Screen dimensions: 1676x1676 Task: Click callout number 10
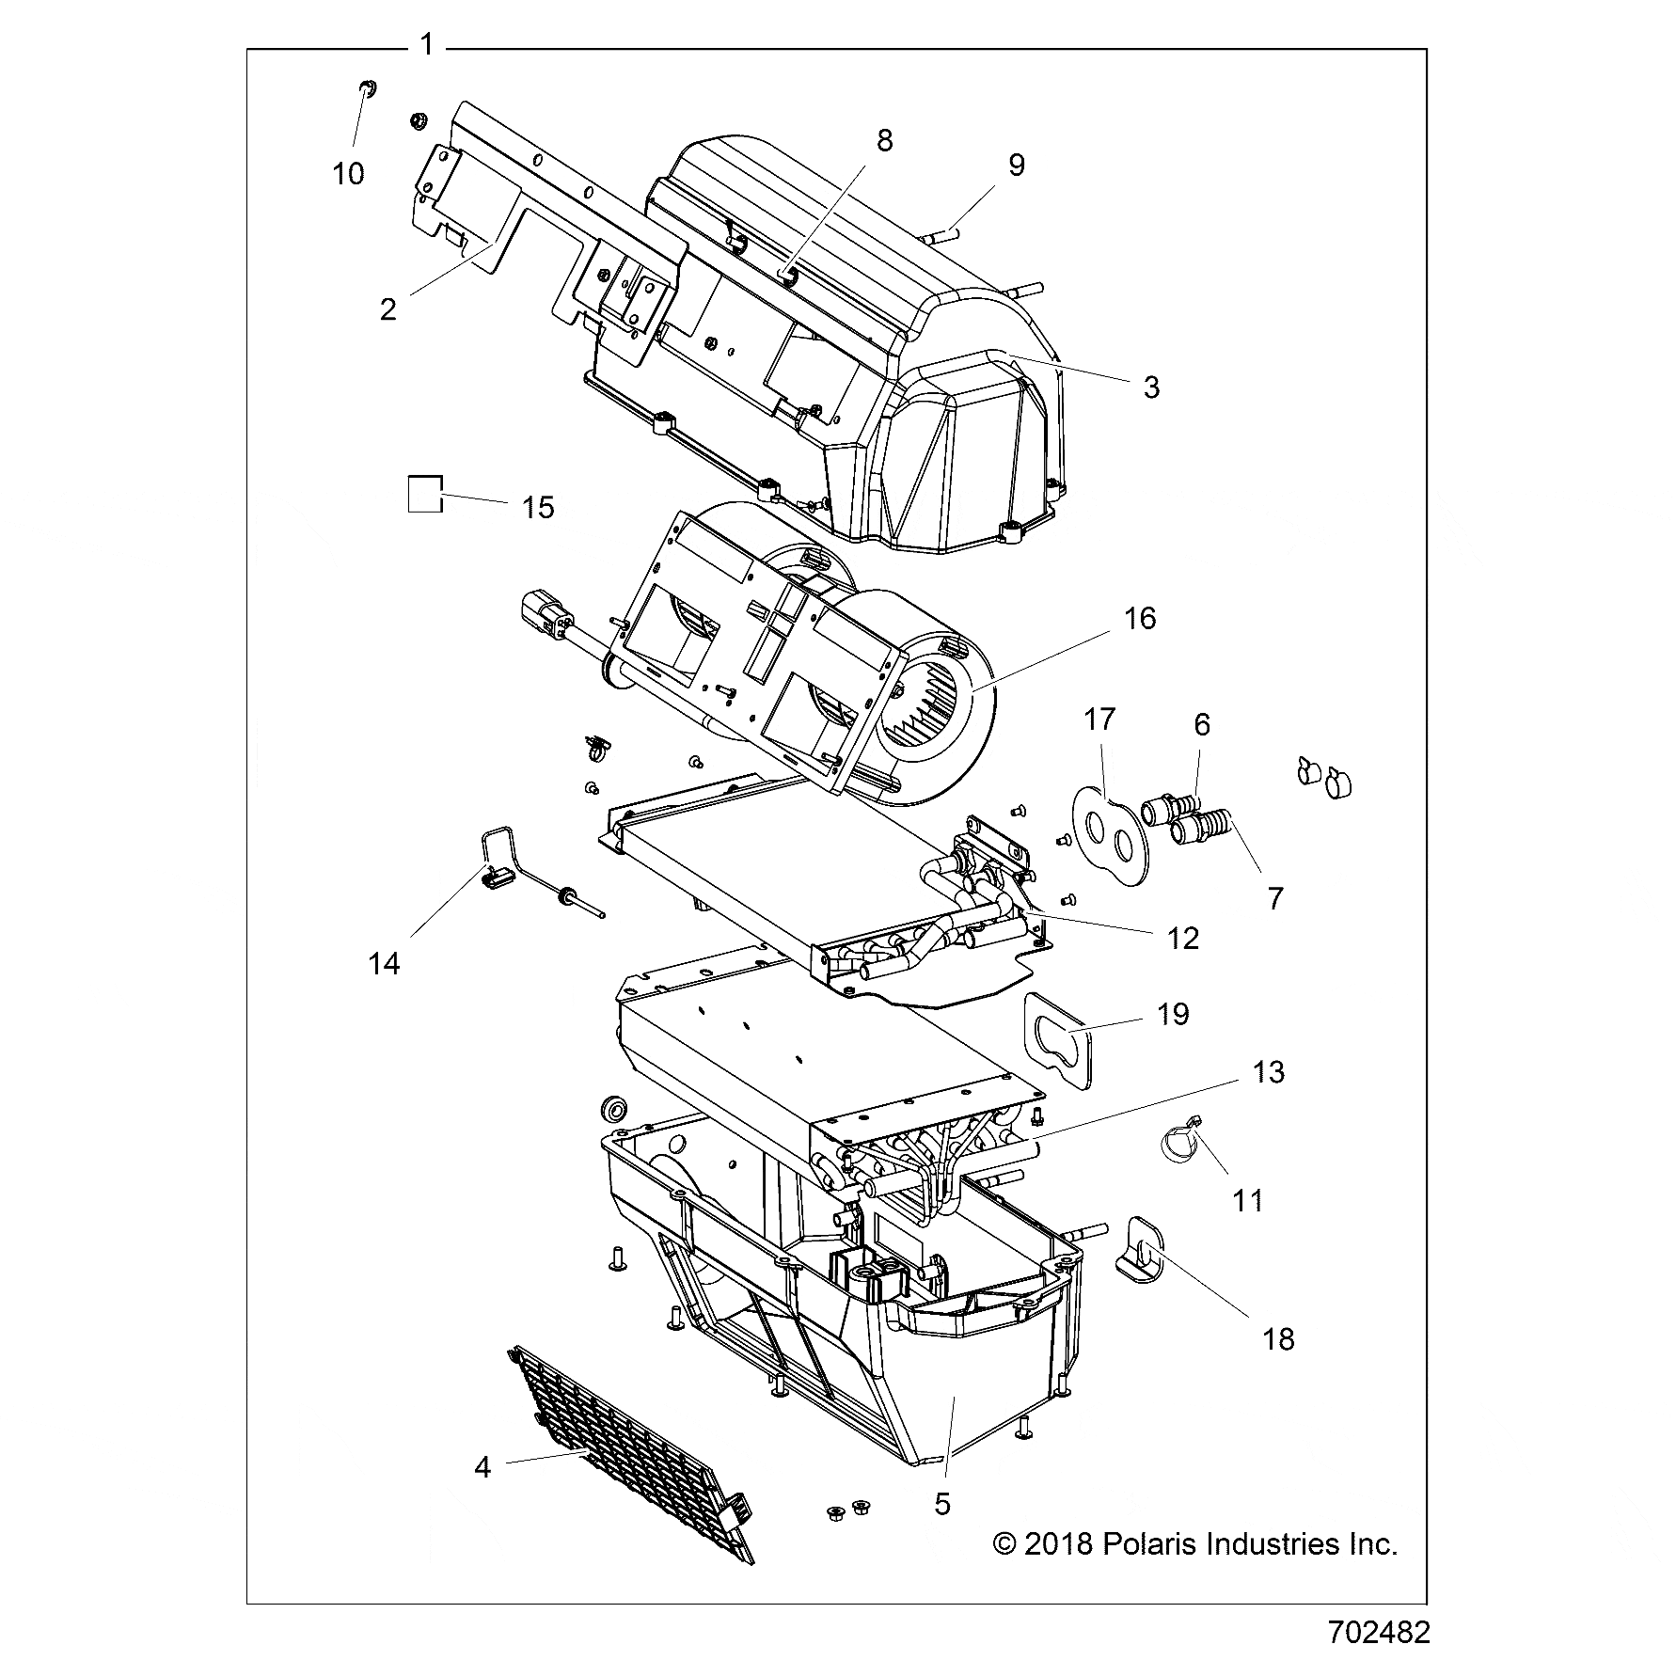[348, 174]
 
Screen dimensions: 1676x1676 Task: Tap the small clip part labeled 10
[366, 89]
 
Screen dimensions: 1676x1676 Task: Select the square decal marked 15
[424, 493]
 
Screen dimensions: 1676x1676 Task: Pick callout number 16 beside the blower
[1140, 619]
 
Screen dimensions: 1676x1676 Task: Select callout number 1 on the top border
[427, 44]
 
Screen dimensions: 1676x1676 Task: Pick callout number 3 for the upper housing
[1151, 387]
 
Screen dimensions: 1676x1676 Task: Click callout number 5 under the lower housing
[942, 1504]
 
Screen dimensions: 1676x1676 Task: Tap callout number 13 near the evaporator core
[1269, 1072]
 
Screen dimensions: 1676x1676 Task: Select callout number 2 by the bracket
[388, 308]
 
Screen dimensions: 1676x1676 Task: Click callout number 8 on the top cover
[884, 140]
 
